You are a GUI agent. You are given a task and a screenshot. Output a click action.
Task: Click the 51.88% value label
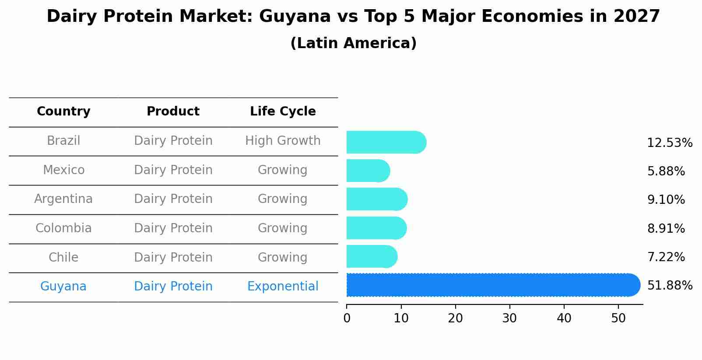point(670,286)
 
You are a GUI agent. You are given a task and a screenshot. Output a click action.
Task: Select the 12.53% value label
point(670,143)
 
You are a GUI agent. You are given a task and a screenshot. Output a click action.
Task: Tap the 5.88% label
point(666,171)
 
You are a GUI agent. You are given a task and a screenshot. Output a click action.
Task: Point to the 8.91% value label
point(666,228)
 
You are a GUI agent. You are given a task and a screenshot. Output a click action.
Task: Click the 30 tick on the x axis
point(509,318)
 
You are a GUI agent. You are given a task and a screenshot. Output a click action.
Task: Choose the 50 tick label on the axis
point(618,318)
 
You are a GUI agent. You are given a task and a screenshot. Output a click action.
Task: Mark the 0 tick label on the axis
point(347,318)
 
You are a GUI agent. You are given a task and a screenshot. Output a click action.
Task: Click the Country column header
point(63,112)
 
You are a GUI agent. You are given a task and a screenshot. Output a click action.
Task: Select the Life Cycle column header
point(283,112)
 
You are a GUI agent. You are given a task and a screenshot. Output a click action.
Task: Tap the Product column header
point(173,112)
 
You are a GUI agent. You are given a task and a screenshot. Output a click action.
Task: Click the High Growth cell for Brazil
point(283,141)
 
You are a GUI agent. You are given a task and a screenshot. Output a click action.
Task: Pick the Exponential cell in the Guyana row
point(283,287)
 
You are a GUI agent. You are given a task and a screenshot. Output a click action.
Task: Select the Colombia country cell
point(63,228)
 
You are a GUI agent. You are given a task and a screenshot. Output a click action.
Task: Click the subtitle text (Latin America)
point(353,43)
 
